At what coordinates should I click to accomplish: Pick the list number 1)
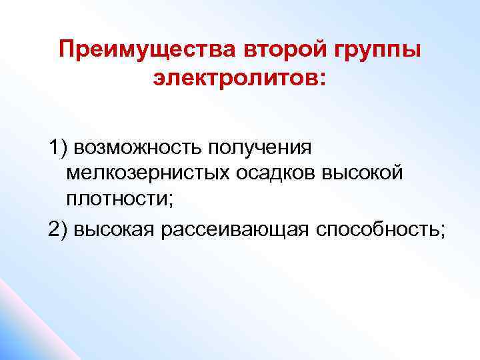click(x=57, y=147)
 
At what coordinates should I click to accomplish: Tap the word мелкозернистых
click(x=148, y=173)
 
